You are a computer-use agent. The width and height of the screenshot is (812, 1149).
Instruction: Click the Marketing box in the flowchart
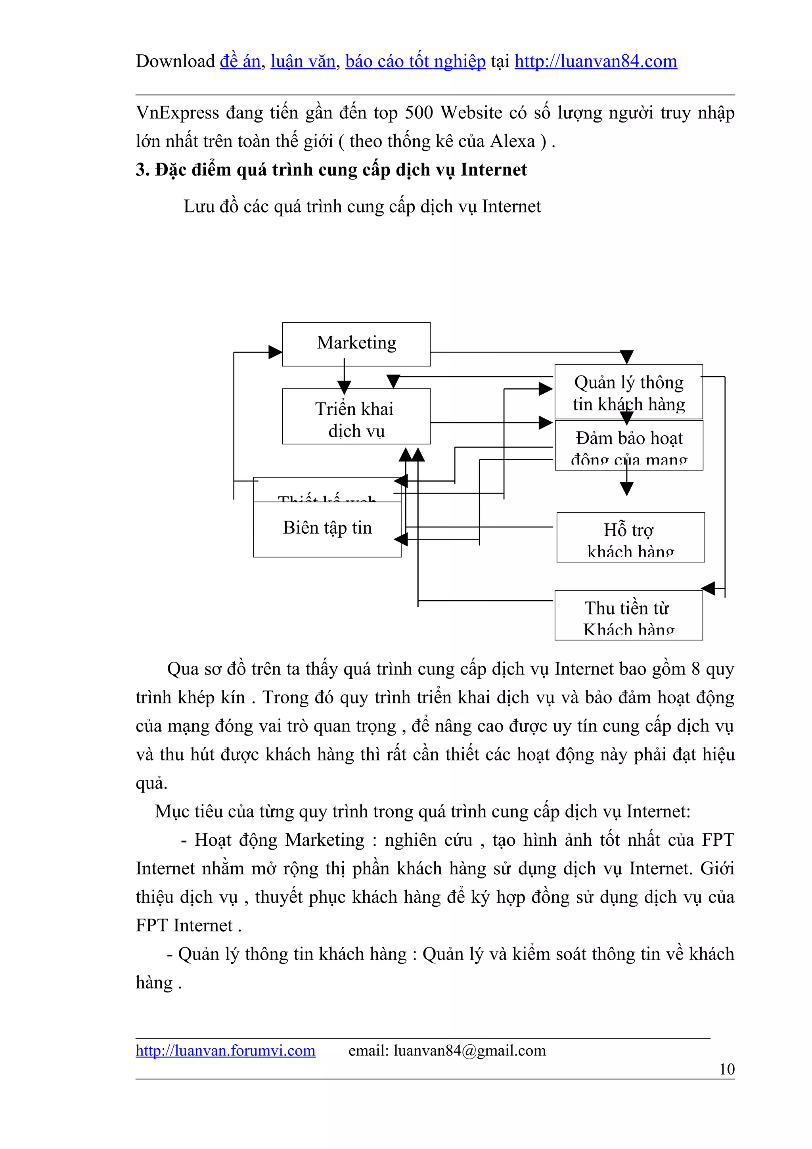pos(356,344)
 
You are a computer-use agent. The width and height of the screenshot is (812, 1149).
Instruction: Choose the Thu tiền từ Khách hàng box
pos(628,615)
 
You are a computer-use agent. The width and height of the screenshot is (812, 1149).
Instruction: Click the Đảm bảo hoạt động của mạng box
pos(629,445)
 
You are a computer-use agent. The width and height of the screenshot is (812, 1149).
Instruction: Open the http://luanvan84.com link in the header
pos(596,61)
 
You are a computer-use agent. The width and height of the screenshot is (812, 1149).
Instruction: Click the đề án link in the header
pos(240,61)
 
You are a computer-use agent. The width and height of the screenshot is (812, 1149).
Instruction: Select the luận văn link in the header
pos(303,61)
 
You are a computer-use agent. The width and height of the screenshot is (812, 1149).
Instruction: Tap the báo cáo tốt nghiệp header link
pos(415,61)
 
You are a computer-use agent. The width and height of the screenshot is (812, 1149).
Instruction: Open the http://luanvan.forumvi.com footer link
pos(225,1050)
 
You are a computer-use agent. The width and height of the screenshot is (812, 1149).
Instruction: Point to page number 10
pos(726,1069)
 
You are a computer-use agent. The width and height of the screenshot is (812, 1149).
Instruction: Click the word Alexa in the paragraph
pos(512,141)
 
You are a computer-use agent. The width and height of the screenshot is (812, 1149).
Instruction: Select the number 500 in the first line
pos(419,113)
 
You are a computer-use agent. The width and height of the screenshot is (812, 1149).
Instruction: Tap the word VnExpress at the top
pos(177,113)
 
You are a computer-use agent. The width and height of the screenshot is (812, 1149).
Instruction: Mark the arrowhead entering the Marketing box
pos(275,352)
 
